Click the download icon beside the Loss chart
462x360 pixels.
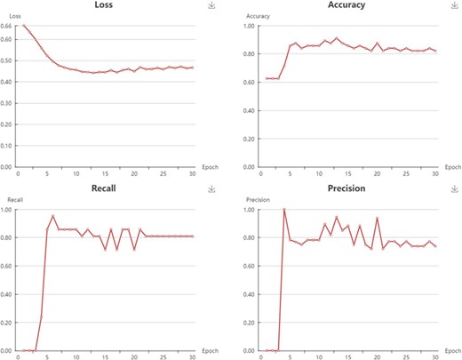(x=211, y=5)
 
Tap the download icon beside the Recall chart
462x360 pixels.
(x=211, y=189)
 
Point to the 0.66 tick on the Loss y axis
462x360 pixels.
(x=7, y=26)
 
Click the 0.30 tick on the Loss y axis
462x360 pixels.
(x=7, y=102)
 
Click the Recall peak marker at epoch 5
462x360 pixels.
(x=53, y=216)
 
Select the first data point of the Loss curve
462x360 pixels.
(x=24, y=26)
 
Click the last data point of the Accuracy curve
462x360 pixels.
(x=434, y=51)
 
